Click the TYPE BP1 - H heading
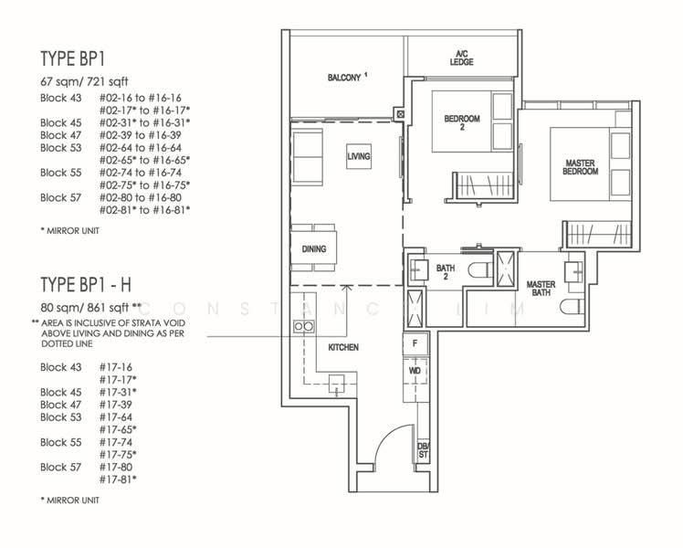(86, 285)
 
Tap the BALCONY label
(347, 78)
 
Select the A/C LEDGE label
(462, 58)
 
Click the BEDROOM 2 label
(462, 122)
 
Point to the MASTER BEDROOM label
(580, 167)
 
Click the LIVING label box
(359, 156)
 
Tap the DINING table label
(313, 248)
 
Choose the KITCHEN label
(343, 347)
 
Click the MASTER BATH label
(541, 289)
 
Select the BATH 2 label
(446, 272)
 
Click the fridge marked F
(415, 344)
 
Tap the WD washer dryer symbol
(415, 371)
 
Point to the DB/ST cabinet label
(423, 450)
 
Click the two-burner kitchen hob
(303, 326)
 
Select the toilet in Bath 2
(480, 269)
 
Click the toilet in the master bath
(572, 307)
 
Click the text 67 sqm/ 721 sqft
(85, 81)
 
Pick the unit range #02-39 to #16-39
(141, 135)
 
